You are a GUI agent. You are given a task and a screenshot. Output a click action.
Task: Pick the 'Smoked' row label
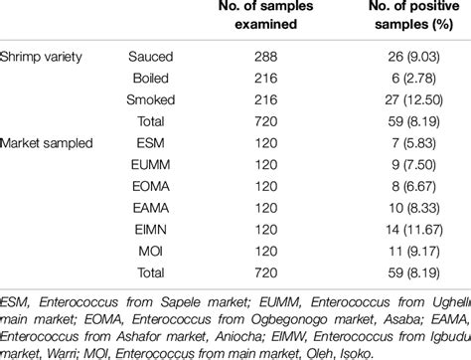pos(154,99)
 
